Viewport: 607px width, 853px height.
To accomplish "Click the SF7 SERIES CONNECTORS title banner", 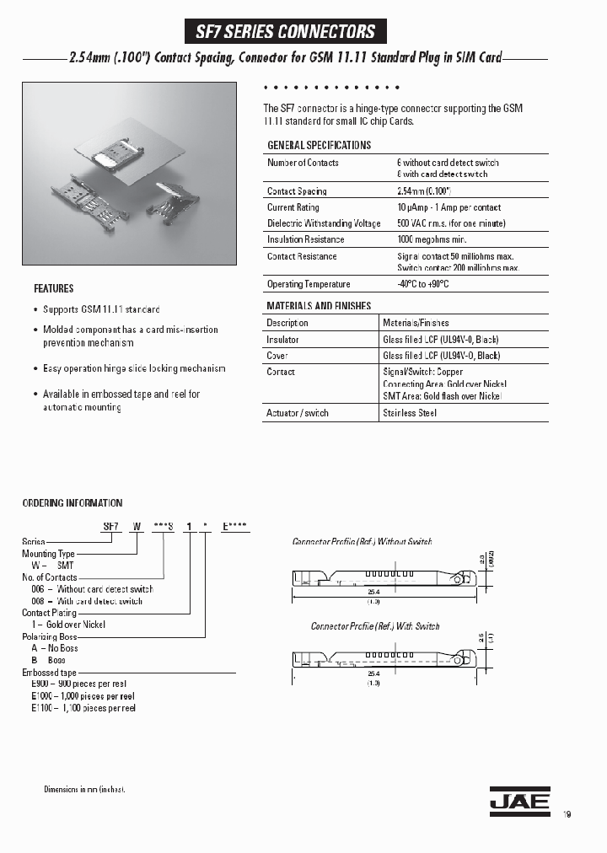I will point(285,32).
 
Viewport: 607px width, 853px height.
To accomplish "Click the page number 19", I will point(567,814).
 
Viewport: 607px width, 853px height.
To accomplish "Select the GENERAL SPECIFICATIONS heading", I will point(319,145).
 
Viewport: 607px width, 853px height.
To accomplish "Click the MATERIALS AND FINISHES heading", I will point(319,306).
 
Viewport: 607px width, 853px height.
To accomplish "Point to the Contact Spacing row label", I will point(297,191).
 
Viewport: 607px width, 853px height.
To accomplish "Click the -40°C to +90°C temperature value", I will point(423,284).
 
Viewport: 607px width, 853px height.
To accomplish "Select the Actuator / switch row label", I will point(298,413).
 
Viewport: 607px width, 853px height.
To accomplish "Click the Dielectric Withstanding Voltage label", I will point(324,223).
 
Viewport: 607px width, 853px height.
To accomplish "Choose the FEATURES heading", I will point(53,288).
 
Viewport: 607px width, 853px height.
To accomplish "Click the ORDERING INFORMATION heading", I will point(72,503).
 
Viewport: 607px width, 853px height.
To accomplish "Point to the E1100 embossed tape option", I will point(83,708).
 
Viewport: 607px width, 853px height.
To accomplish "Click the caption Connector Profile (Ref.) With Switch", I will point(375,626).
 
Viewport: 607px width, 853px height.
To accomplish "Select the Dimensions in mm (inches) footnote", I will point(84,789).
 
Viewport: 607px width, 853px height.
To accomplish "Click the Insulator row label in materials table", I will point(282,340).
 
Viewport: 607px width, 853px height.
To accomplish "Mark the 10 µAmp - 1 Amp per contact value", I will point(449,207).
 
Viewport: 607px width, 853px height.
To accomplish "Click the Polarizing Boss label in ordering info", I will point(50,636).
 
